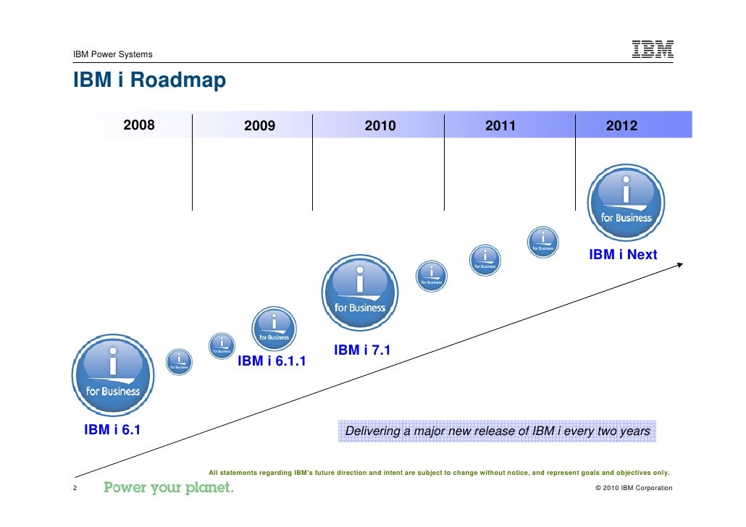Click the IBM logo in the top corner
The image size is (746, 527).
[653, 49]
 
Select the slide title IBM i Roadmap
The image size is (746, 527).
[149, 80]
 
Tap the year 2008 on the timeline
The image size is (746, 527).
[138, 125]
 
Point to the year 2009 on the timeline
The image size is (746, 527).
[259, 126]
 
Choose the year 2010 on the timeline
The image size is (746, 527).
[380, 126]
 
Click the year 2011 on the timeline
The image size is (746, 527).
[500, 126]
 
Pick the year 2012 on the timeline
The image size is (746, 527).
[621, 126]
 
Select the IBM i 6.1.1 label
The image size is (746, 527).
[272, 361]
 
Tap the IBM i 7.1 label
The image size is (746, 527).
[362, 350]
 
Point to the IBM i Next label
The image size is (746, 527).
[623, 255]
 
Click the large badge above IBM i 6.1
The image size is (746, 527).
[112, 374]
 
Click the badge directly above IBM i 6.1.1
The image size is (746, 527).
[273, 327]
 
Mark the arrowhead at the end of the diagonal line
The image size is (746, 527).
[679, 264]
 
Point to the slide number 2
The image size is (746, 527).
[75, 487]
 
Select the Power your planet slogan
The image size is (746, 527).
[169, 487]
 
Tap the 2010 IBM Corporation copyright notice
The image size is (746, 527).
[633, 488]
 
